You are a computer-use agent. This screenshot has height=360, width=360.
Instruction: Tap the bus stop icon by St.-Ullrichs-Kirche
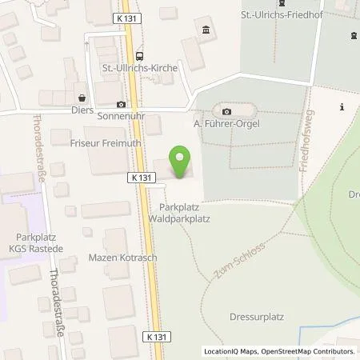140,56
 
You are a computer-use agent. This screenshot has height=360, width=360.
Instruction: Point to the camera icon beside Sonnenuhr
121,104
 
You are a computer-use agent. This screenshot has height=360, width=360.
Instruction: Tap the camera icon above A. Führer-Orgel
226,111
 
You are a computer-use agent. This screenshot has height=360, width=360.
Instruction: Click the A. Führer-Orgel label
228,124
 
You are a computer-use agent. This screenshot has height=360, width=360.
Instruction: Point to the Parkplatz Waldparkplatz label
179,212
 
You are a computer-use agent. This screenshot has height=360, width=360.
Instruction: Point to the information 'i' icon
342,106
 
